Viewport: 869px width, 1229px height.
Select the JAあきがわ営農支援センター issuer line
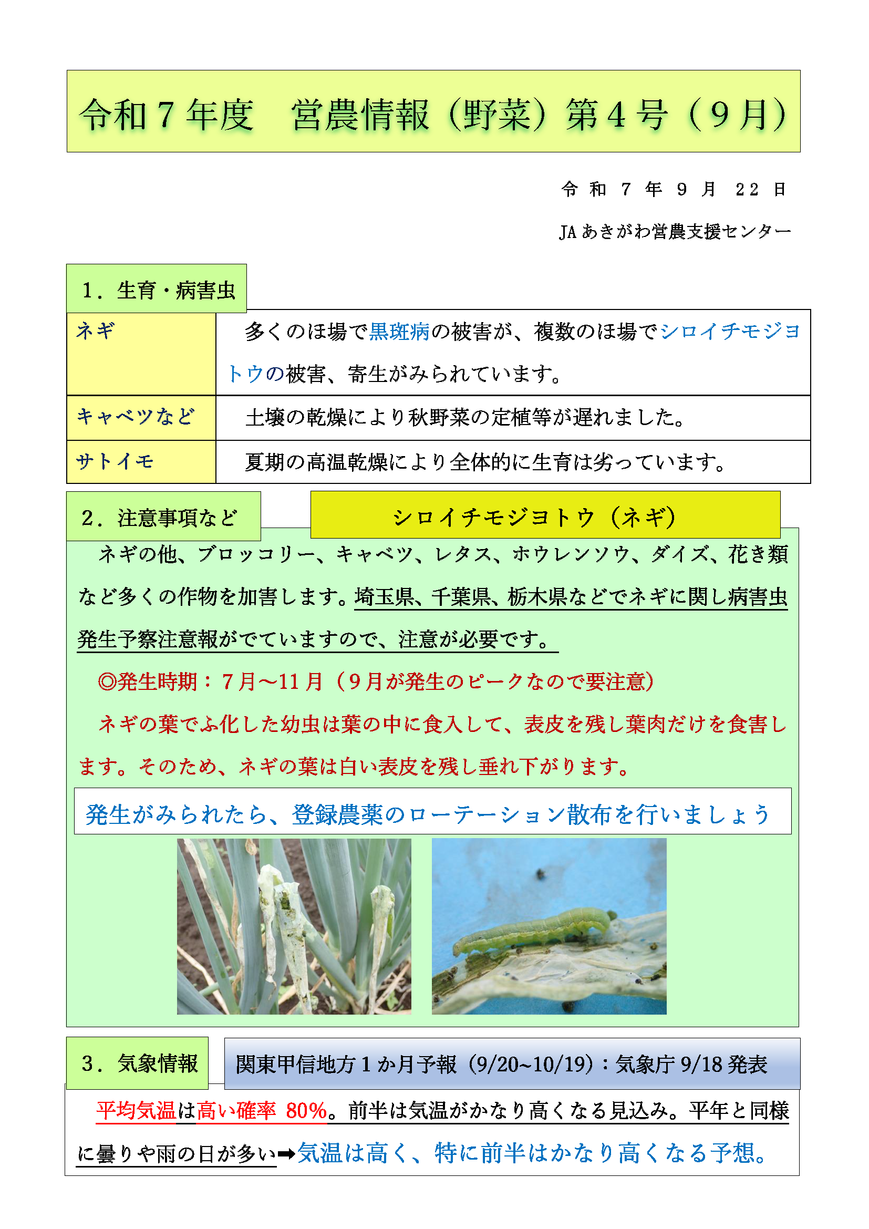(x=674, y=231)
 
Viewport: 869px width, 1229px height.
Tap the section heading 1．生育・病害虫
(x=158, y=290)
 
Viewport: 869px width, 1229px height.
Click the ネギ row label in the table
(x=96, y=331)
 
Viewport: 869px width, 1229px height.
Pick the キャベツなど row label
(x=136, y=417)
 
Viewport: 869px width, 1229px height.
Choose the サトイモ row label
(x=115, y=461)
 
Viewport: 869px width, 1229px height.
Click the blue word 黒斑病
(x=399, y=332)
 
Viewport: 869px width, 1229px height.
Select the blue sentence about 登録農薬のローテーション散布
(x=427, y=814)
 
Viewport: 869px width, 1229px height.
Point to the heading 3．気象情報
(x=139, y=1063)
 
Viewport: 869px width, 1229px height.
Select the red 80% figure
(x=306, y=1111)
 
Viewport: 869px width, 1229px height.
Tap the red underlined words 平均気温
(x=136, y=1111)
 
